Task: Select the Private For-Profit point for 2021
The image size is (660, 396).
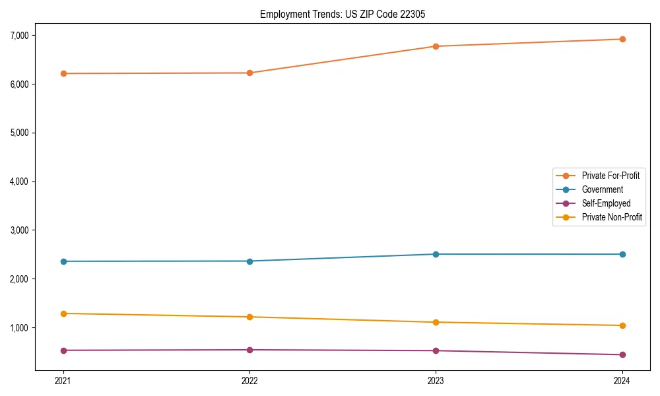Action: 63,73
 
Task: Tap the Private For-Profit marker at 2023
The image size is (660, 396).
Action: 436,46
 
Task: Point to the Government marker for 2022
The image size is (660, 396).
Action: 249,261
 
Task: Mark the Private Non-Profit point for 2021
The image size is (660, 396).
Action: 63,313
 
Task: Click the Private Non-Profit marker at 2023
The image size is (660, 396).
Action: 436,322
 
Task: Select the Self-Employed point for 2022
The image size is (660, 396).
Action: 249,350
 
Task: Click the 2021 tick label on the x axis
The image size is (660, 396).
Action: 63,380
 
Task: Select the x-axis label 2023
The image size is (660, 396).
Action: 436,380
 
